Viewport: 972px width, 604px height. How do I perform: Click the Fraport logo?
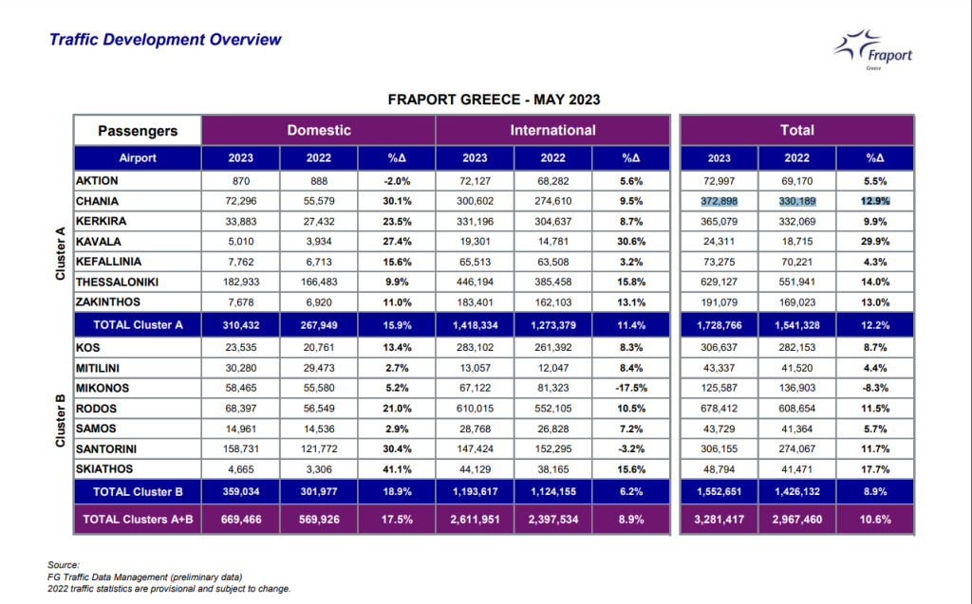873,49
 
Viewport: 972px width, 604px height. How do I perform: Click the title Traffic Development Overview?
165,40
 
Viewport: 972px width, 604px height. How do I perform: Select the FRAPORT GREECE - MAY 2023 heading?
494,100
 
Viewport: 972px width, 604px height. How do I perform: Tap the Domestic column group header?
319,130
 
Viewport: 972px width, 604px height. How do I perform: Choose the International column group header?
553,130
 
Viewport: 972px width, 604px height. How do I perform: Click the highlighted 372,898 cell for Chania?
720,201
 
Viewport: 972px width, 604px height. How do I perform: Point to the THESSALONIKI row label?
117,282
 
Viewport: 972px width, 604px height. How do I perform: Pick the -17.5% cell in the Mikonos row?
631,388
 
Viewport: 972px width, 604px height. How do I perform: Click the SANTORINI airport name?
106,449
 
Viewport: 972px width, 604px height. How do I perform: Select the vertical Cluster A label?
60,253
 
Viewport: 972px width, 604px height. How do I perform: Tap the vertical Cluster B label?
60,420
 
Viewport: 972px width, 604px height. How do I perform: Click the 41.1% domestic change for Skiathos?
397,469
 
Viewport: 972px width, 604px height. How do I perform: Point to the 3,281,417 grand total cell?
720,520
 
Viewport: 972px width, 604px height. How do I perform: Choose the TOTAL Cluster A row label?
138,325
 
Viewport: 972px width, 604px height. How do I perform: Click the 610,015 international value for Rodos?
475,409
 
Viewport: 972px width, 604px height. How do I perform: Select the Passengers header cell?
138,131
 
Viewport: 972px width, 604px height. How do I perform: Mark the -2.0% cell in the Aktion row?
397,181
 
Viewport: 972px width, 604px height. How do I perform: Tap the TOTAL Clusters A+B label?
138,520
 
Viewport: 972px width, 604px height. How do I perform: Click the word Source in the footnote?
64,565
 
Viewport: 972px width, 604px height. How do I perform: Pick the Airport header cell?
138,158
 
